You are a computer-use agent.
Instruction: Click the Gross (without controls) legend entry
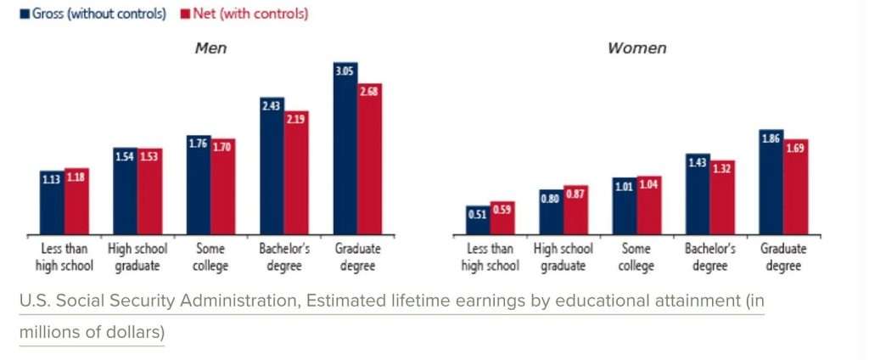[x=93, y=14]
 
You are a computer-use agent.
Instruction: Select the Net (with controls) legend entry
[x=246, y=14]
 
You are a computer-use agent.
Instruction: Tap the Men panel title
[x=211, y=48]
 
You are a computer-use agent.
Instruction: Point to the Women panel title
[x=636, y=48]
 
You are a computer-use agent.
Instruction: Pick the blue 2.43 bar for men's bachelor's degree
[x=272, y=166]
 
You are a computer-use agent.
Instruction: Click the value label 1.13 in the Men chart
[x=52, y=178]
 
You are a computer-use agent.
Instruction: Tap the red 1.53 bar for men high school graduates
[x=150, y=191]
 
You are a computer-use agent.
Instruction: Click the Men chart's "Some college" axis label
[x=210, y=257]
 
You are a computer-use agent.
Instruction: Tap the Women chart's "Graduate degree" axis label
[x=783, y=257]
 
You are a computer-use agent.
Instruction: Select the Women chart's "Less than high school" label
[x=490, y=257]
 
